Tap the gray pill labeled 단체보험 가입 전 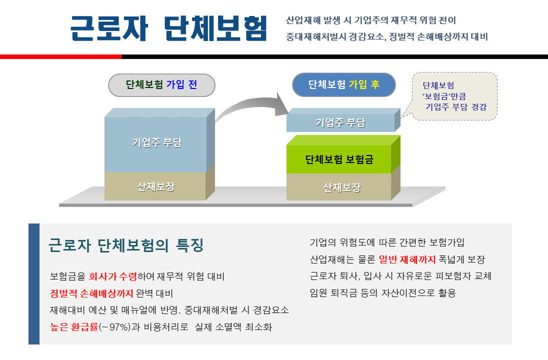pyautogui.click(x=161, y=85)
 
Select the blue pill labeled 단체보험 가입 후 pyautogui.click(x=344, y=84)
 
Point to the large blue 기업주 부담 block pyautogui.click(x=156, y=143)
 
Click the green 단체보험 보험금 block pyautogui.click(x=339, y=159)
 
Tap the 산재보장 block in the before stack pyautogui.click(x=155, y=186)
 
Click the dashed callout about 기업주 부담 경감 pyautogui.click(x=454, y=96)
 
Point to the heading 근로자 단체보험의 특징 pyautogui.click(x=126, y=245)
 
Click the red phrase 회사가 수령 pyautogui.click(x=112, y=276)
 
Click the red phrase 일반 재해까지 pyautogui.click(x=407, y=259)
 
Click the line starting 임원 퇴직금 pyautogui.click(x=382, y=293)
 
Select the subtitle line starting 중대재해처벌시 pyautogui.click(x=386, y=36)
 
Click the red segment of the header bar pyautogui.click(x=60, y=57)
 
